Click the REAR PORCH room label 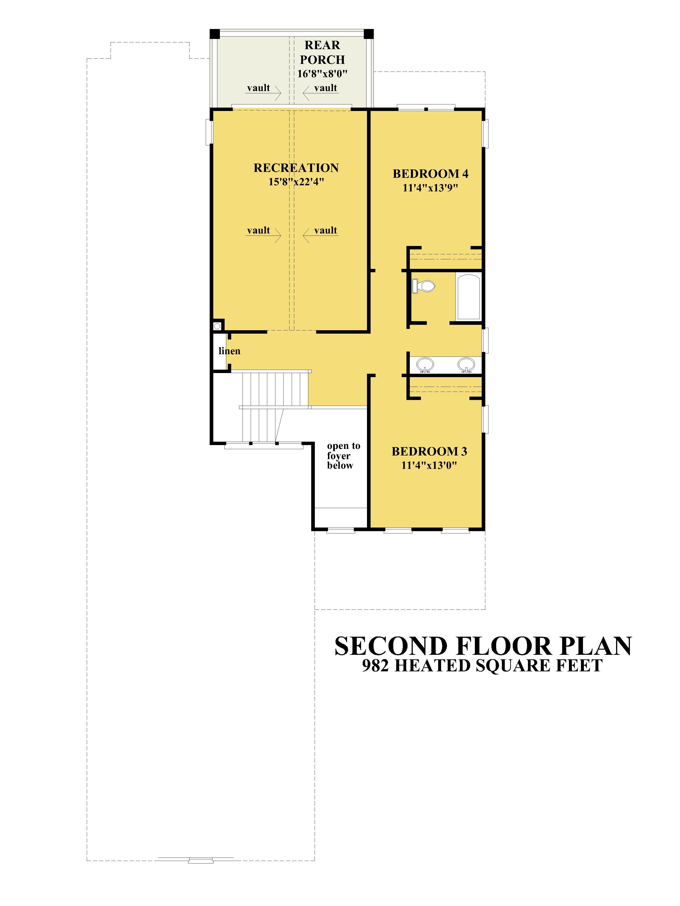click(x=322, y=52)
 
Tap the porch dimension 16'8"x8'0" click(x=322, y=74)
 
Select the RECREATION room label click(x=296, y=168)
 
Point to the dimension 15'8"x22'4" click(x=296, y=181)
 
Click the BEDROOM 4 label click(x=430, y=174)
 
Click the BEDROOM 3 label click(x=429, y=451)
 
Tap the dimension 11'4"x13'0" click(x=429, y=465)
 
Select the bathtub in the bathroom click(x=469, y=297)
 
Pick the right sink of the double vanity click(x=466, y=364)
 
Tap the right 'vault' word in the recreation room click(x=325, y=230)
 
